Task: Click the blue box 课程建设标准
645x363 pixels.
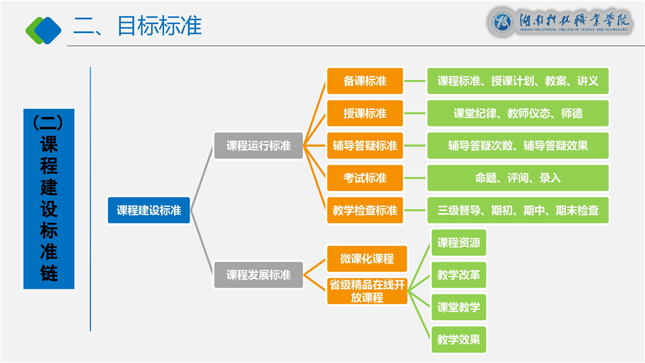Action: tap(149, 210)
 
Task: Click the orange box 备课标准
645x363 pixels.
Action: tap(365, 81)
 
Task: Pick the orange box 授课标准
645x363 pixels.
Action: tap(365, 114)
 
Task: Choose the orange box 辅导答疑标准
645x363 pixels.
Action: tap(365, 146)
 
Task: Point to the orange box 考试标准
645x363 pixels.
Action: tap(365, 178)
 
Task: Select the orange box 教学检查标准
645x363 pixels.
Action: tap(365, 210)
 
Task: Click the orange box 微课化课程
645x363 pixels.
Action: tap(367, 259)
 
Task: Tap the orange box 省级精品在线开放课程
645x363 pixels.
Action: tap(367, 291)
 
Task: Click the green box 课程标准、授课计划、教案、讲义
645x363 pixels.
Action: tap(518, 81)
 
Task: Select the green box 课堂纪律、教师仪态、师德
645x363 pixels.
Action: tap(518, 114)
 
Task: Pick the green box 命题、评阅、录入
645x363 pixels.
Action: tap(518, 178)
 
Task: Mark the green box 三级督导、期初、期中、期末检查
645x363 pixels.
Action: tap(518, 210)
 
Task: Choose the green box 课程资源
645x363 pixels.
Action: tap(459, 243)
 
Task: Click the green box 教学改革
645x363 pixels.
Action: tap(459, 275)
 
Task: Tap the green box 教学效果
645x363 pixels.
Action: tap(459, 339)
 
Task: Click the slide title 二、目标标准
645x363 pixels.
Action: tap(138, 26)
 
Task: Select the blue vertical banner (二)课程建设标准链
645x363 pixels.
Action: tap(49, 199)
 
